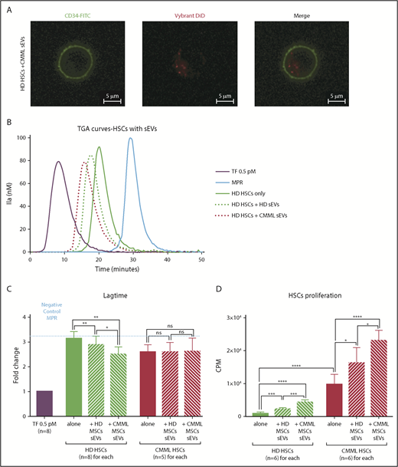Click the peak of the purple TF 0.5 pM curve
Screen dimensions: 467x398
click(58, 162)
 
